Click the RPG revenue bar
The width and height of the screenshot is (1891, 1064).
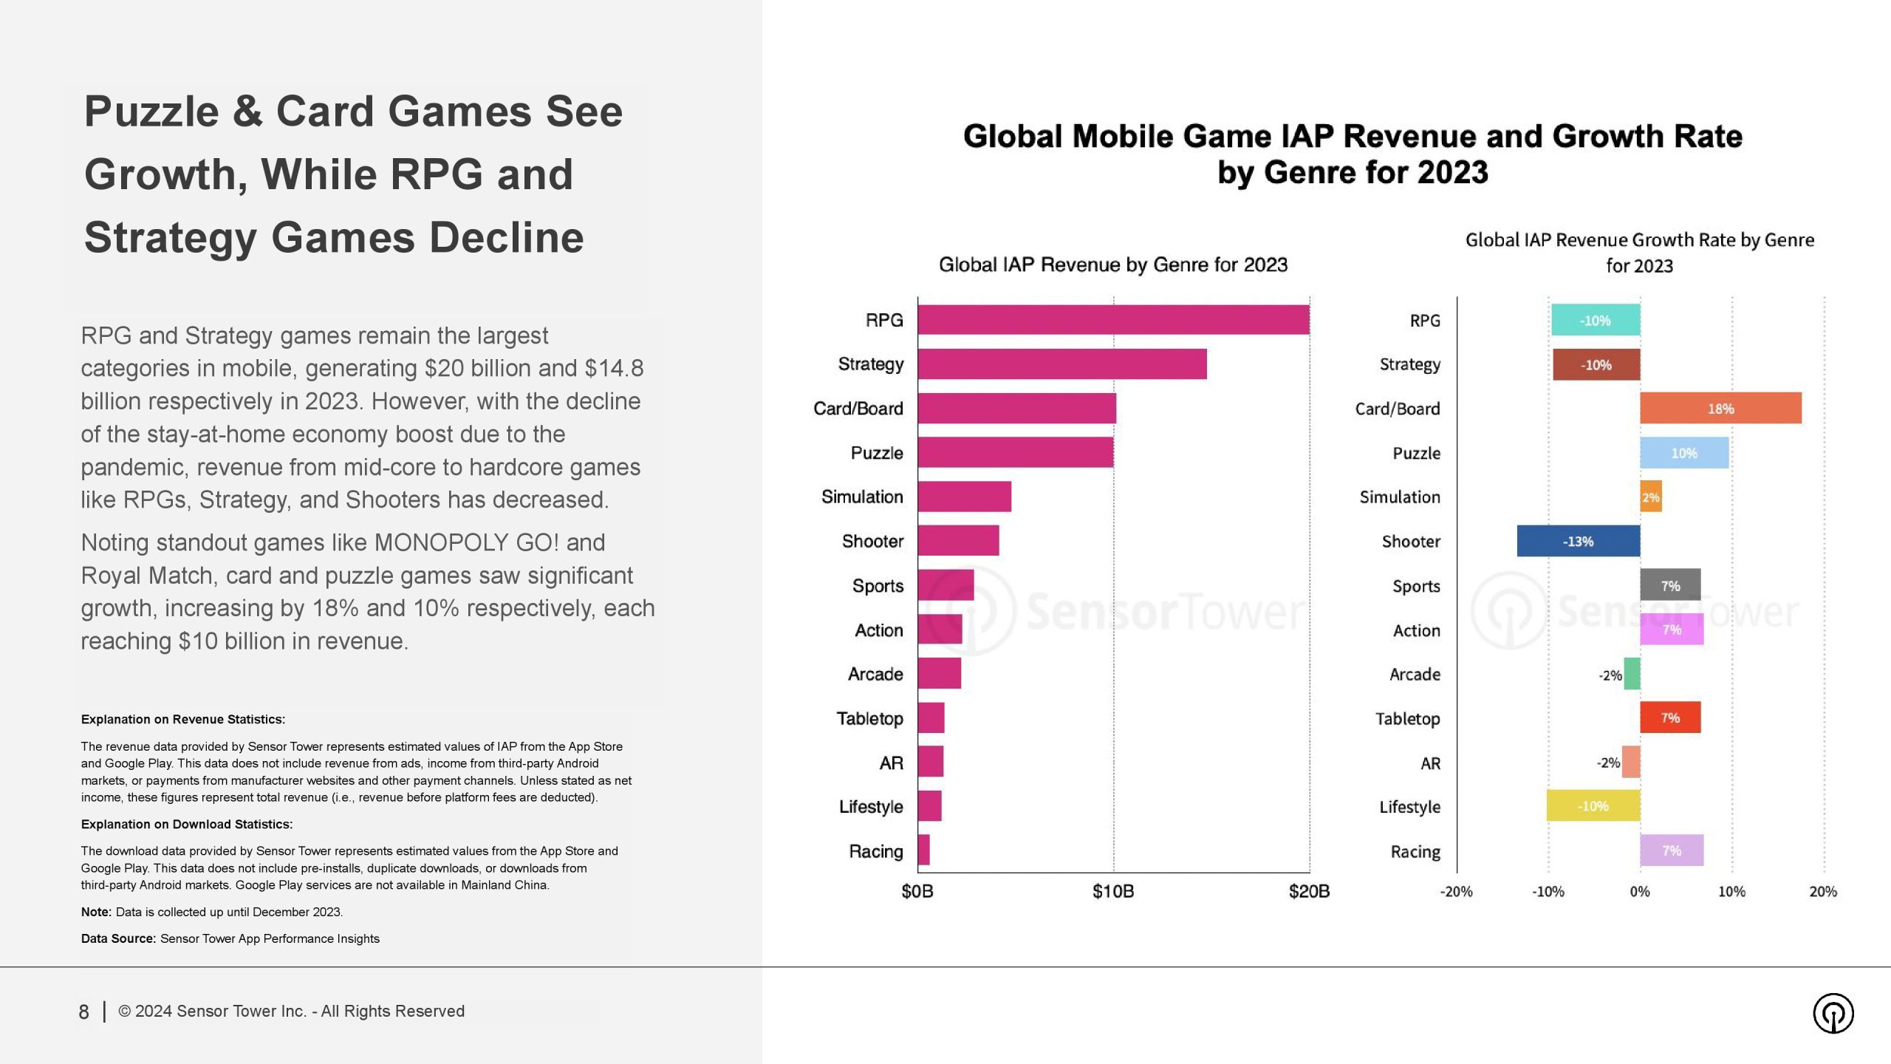tap(1113, 320)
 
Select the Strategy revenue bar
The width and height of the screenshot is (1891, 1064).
tap(1062, 364)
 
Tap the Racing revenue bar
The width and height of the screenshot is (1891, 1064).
tap(924, 850)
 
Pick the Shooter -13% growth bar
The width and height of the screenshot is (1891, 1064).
tap(1579, 542)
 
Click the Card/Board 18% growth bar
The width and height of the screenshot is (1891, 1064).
tap(1720, 409)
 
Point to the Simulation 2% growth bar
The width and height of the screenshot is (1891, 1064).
tap(1651, 497)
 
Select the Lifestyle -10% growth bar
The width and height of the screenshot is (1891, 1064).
tap(1593, 806)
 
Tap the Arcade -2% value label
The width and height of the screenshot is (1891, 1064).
tap(1610, 675)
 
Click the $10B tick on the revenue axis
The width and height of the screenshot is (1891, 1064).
tap(1113, 892)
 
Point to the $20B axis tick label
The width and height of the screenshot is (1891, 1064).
tap(1309, 892)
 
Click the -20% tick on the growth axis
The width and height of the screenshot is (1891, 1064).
tap(1456, 892)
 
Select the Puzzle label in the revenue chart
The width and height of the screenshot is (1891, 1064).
tap(877, 453)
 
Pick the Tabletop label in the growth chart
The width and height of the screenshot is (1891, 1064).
tap(1407, 719)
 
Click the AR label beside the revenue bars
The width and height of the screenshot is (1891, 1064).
tap(891, 763)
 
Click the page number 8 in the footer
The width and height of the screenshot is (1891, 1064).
tap(83, 1012)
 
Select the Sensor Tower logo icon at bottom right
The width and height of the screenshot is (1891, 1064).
tap(1833, 1013)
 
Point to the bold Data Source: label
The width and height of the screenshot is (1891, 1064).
tap(118, 939)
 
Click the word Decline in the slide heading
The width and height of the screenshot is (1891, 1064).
tap(506, 238)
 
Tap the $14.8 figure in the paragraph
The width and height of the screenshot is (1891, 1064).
tap(614, 368)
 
